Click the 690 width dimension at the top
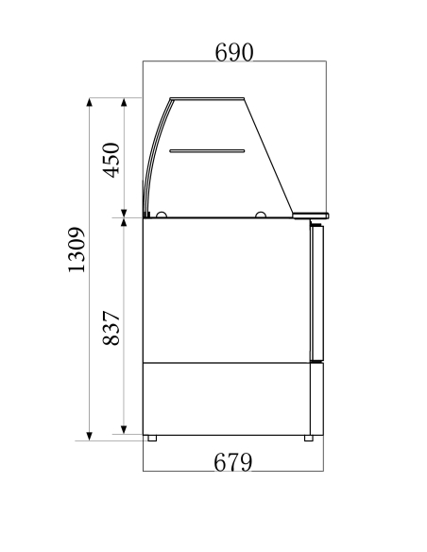click(x=234, y=53)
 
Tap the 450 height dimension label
click(x=111, y=160)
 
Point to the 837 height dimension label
click(x=111, y=328)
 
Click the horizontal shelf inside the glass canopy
click(x=207, y=150)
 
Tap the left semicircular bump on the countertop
click(x=162, y=215)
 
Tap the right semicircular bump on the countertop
click(x=260, y=215)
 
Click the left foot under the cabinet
click(x=151, y=439)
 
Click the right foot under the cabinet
click(x=308, y=439)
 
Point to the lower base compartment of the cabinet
click(x=227, y=398)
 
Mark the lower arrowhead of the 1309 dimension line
click(x=89, y=435)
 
